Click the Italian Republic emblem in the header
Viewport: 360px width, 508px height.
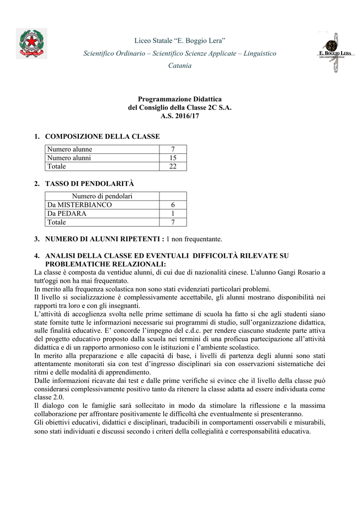(x=32, y=44)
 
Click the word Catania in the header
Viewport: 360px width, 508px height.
(x=180, y=65)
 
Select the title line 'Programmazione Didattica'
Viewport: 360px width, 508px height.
(x=180, y=99)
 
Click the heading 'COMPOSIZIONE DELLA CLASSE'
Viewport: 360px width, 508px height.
(x=102, y=136)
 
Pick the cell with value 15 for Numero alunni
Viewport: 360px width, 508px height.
(x=173, y=158)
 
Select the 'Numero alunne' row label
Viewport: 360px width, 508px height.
(x=70, y=149)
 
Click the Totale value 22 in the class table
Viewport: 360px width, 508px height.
(x=173, y=166)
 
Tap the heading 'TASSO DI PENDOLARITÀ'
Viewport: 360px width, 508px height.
(x=89, y=184)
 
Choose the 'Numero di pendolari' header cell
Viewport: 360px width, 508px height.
(x=102, y=196)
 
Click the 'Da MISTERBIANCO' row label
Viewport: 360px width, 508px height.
(x=79, y=205)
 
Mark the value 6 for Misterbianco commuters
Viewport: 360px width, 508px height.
(x=173, y=205)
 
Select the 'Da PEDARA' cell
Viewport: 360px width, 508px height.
(x=67, y=213)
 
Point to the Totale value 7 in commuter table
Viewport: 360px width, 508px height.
(x=173, y=222)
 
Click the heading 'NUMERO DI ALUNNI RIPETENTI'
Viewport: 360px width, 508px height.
(x=103, y=239)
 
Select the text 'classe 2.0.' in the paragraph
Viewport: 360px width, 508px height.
(x=49, y=397)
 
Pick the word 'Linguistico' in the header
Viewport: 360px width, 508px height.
(x=257, y=53)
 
